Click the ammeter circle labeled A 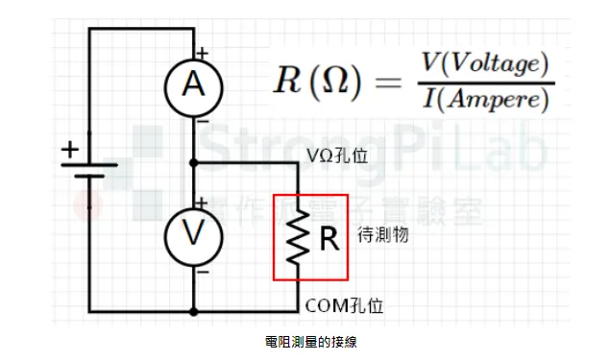194,87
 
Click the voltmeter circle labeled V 194,234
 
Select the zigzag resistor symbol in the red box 298,236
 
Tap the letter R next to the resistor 329,238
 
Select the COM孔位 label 344,305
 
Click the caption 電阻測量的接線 304,341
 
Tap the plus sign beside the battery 69,150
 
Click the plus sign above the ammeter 203,54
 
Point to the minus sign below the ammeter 203,123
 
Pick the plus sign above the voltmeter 203,202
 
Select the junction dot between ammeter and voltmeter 194,162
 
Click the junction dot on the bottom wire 194,311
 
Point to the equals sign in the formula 385,82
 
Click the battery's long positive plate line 89,164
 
